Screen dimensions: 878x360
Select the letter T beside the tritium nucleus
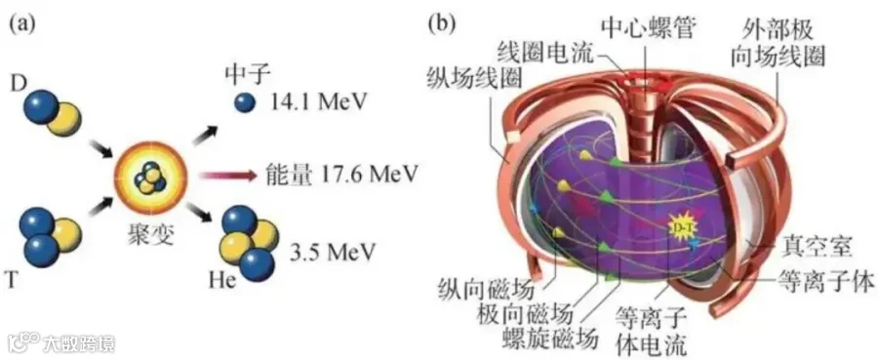[17, 279]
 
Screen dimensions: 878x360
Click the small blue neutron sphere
[246, 102]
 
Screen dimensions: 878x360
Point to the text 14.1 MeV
[317, 101]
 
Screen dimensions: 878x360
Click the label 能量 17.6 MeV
[340, 176]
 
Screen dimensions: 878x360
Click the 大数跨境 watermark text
[82, 340]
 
